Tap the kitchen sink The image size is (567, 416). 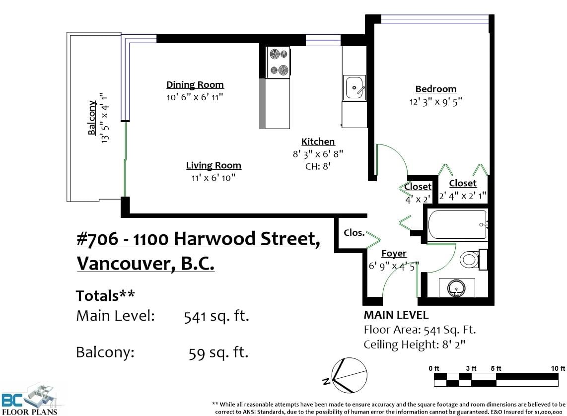click(354, 87)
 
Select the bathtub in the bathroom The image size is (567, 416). click(458, 224)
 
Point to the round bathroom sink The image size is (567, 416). click(456, 288)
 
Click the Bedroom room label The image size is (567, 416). click(436, 89)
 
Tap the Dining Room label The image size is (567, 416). click(195, 84)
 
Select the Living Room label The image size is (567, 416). click(213, 165)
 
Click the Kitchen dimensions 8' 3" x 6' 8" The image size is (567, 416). click(318, 154)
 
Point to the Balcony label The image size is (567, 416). click(92, 118)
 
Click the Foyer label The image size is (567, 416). click(394, 253)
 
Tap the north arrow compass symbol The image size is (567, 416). click(347, 375)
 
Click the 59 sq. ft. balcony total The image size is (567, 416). click(218, 352)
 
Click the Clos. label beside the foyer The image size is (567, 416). click(354, 233)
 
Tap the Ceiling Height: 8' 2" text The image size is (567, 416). click(415, 345)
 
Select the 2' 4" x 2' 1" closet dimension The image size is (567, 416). click(463, 196)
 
